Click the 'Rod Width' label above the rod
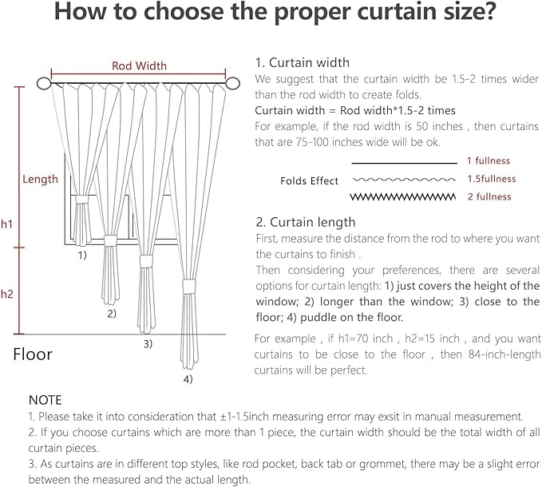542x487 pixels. click(x=139, y=65)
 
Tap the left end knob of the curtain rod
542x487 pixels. click(x=43, y=82)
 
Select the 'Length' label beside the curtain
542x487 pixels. click(x=40, y=179)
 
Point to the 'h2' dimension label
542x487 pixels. click(x=7, y=294)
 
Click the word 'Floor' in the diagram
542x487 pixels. click(x=33, y=354)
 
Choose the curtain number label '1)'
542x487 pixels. click(x=82, y=256)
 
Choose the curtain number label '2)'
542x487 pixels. click(x=112, y=314)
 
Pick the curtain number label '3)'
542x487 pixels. click(x=148, y=344)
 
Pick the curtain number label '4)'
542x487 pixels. click(x=188, y=379)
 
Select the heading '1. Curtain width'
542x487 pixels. click(x=303, y=62)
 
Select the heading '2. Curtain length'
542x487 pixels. click(x=306, y=222)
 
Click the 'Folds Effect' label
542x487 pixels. click(x=310, y=181)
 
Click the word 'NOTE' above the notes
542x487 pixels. click(x=45, y=399)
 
